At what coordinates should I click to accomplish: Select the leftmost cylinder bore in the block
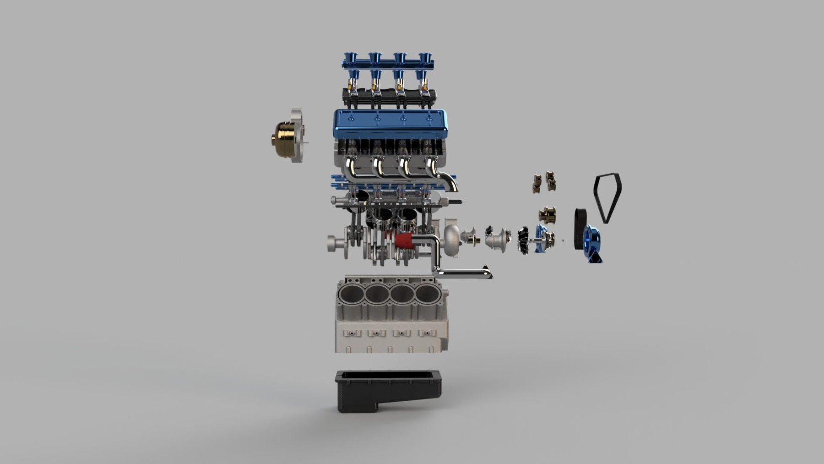(350, 294)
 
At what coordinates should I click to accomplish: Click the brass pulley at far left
(283, 136)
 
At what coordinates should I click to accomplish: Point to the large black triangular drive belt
(608, 197)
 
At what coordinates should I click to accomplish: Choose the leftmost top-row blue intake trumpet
(349, 58)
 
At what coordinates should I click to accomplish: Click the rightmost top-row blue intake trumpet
(425, 58)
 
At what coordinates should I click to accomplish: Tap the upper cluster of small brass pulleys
(545, 181)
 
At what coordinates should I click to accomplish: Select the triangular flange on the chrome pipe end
(488, 271)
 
